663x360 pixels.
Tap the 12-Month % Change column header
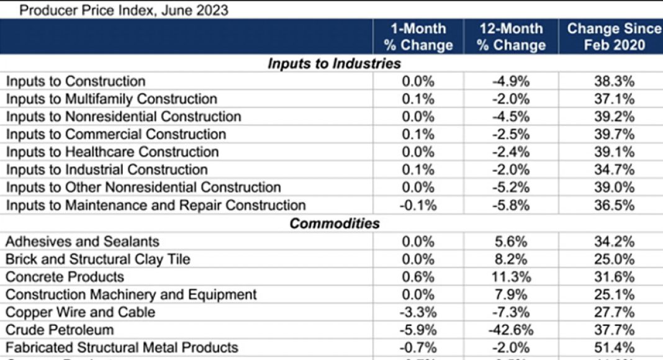click(511, 37)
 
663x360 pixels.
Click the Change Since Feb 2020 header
click(613, 37)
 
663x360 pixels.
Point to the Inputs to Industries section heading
click(334, 64)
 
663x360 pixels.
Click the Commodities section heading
click(334, 223)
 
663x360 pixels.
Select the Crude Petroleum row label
click(60, 330)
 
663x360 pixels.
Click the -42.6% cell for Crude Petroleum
click(511, 330)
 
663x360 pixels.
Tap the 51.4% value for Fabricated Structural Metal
click(613, 348)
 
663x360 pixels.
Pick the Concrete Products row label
click(65, 277)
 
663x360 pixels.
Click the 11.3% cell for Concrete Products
click(511, 277)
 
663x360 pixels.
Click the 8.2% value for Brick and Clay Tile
click(511, 259)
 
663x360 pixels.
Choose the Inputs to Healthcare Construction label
click(112, 152)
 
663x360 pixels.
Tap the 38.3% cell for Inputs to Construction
click(613, 81)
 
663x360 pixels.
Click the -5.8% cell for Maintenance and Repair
click(511, 205)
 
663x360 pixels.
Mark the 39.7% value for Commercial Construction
click(613, 135)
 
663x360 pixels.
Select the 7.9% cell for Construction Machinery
click(511, 294)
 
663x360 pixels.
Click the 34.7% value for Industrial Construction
click(613, 170)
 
